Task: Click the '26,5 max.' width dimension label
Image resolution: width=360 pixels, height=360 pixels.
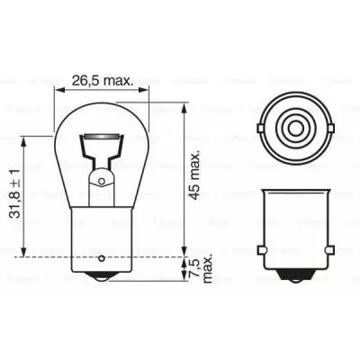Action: point(101,80)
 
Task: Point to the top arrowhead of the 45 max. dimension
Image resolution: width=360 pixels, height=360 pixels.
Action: point(184,96)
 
